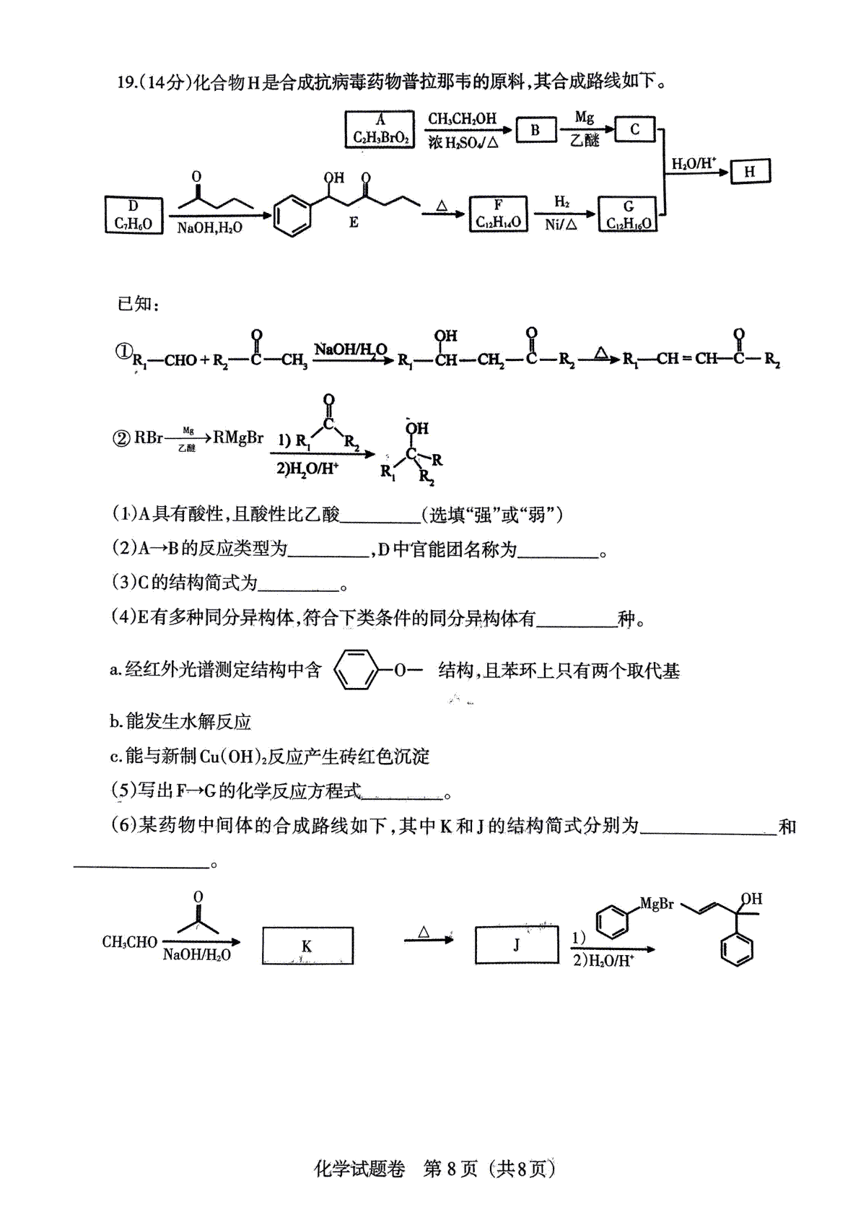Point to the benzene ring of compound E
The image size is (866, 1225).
click(292, 217)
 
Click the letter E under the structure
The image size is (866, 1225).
click(354, 222)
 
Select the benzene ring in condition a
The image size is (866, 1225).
click(356, 670)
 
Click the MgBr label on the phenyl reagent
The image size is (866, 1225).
click(657, 904)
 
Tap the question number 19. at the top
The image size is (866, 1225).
click(128, 82)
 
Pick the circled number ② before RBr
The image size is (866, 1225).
click(121, 438)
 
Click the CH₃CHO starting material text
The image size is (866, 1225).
click(130, 942)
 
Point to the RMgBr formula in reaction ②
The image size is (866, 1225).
click(238, 437)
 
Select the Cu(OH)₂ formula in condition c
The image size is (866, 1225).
click(232, 757)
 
